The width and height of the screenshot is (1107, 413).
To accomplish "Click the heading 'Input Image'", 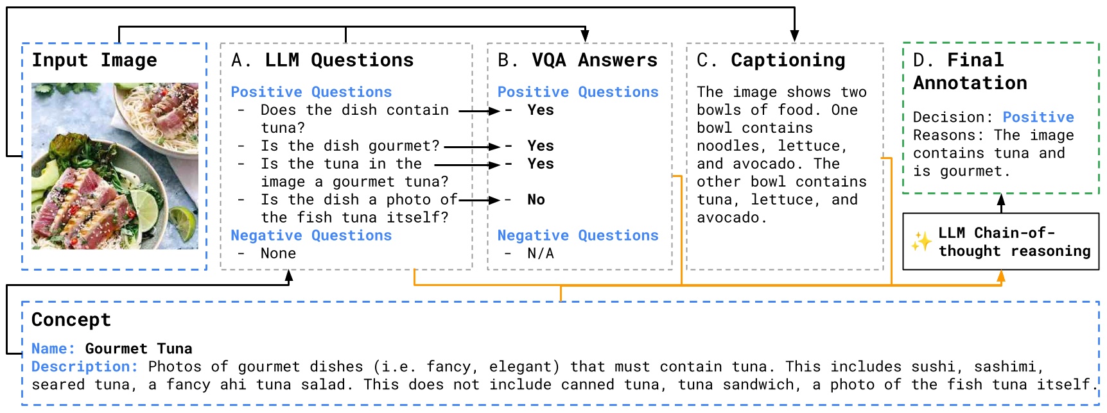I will pos(94,60).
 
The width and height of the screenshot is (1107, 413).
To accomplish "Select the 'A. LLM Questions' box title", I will pos(322,60).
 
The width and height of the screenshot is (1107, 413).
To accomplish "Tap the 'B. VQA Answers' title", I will pos(577,60).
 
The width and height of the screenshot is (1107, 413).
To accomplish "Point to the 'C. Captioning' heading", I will pos(771,60).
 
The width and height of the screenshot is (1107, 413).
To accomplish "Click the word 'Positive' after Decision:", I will pos(1038,117).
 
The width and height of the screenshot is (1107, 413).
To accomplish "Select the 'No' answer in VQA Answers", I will pos(536,200).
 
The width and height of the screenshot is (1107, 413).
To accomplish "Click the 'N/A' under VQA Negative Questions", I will pos(540,254).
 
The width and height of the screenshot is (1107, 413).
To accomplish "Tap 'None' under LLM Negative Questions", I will pos(278,254).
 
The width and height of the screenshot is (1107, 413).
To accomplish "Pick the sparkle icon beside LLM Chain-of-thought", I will pos(921,242).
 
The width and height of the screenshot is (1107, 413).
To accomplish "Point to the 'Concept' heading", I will pos(71,320).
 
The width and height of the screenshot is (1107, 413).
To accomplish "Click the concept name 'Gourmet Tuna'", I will pos(139,349).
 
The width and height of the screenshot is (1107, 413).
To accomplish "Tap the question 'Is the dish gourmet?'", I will pos(350,146).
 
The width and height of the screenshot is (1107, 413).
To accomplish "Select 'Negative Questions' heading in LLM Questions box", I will pos(311,236).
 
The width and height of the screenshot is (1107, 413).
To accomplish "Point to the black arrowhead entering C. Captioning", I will pos(794,36).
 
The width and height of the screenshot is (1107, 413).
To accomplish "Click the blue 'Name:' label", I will pos(53,349).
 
